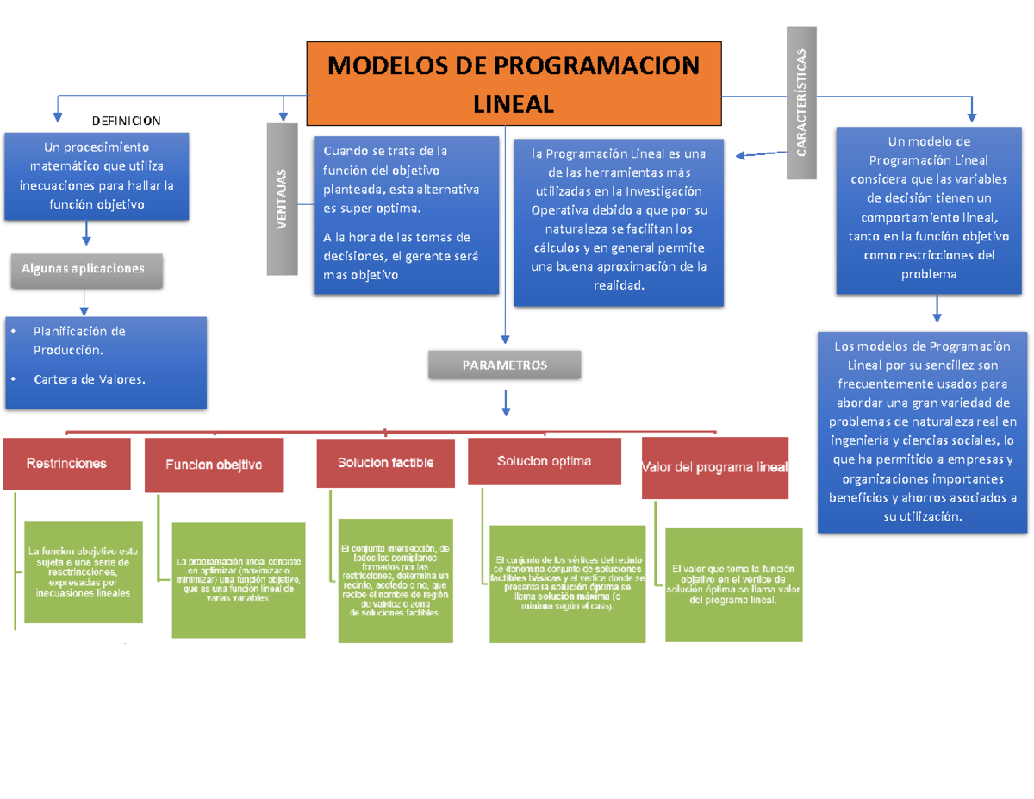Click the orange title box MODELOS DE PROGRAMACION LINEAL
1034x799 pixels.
pyautogui.click(x=514, y=84)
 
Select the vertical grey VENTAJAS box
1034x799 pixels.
pyautogui.click(x=282, y=199)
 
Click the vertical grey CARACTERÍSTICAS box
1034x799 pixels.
pyautogui.click(x=801, y=103)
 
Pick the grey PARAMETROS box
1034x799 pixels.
pyautogui.click(x=505, y=365)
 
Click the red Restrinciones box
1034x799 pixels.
pyautogui.click(x=67, y=464)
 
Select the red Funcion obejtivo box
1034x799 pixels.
pyautogui.click(x=214, y=465)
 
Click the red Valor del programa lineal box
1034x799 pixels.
pyautogui.click(x=715, y=468)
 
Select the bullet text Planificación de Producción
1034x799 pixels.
pyautogui.click(x=79, y=340)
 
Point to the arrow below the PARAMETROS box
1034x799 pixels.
pyautogui.click(x=506, y=401)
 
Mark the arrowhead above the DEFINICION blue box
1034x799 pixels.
pyautogui.click(x=58, y=113)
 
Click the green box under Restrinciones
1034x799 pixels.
pyautogui.click(x=84, y=571)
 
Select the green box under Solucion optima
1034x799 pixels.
pyautogui.click(x=567, y=584)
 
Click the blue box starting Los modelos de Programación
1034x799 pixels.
pyautogui.click(x=922, y=431)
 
